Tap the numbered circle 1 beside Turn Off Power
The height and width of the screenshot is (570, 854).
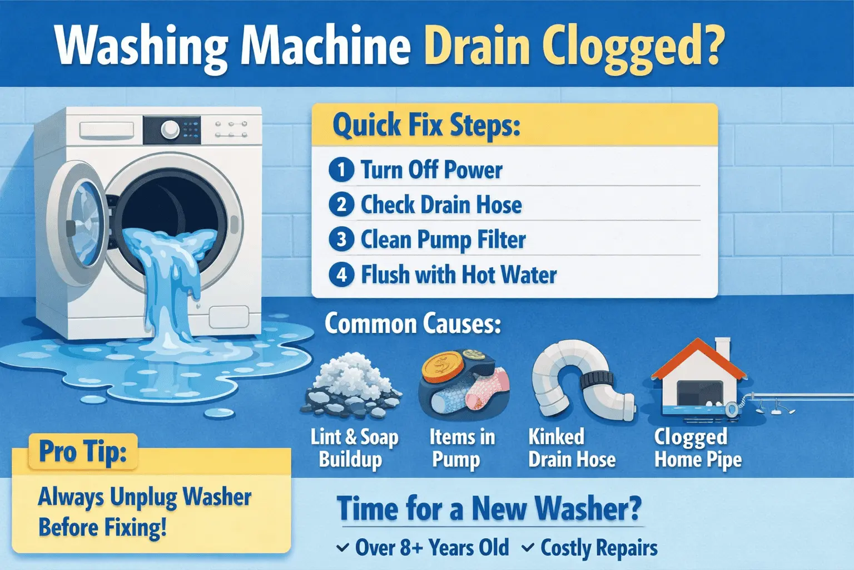pyautogui.click(x=341, y=169)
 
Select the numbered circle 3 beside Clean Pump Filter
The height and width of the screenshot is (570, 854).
pyautogui.click(x=341, y=239)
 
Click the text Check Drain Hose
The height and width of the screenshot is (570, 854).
pyautogui.click(x=441, y=205)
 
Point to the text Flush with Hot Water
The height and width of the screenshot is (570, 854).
pyautogui.click(x=459, y=274)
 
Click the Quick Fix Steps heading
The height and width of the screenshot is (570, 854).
pyautogui.click(x=426, y=126)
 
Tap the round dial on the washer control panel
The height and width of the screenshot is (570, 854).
pyautogui.click(x=170, y=130)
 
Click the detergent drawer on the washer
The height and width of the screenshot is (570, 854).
pyautogui.click(x=106, y=130)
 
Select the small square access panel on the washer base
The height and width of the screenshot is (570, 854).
pyautogui.click(x=229, y=317)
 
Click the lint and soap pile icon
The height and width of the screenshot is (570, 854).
pyautogui.click(x=351, y=387)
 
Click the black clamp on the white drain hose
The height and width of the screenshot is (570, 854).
pyautogui.click(x=597, y=379)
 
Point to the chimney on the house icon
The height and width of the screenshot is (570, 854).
pyautogui.click(x=722, y=348)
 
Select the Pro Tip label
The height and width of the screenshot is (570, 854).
pyautogui.click(x=83, y=451)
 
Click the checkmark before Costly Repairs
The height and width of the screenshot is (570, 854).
pyautogui.click(x=528, y=548)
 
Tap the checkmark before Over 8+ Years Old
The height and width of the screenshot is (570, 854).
pyautogui.click(x=342, y=548)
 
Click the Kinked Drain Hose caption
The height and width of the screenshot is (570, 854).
pyautogui.click(x=572, y=448)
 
